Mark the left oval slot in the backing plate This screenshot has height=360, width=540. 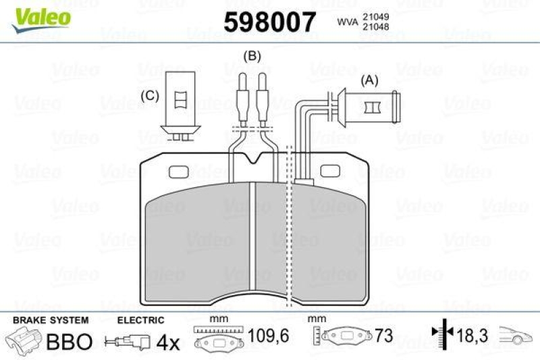click(180, 170)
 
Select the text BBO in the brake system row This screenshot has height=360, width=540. click(68, 341)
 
